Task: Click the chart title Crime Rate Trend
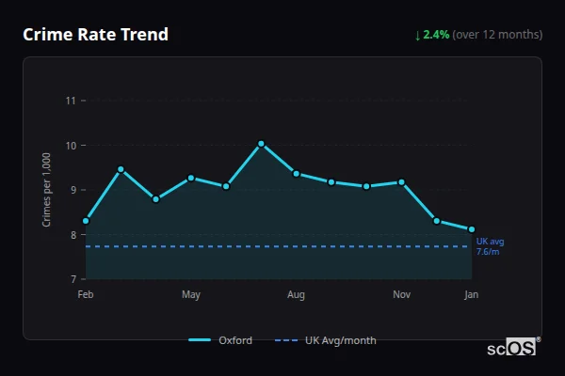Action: tap(95, 35)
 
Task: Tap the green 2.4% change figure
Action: tap(436, 35)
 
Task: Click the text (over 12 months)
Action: tap(497, 35)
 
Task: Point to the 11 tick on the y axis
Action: tap(70, 101)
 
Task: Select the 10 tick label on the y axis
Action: tap(70, 146)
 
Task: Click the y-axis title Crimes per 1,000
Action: tap(47, 190)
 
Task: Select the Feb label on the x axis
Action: tap(86, 295)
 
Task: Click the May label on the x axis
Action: tap(191, 295)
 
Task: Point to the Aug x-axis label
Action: tap(296, 295)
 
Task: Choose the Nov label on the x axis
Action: tap(401, 295)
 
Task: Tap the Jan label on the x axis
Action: tap(472, 295)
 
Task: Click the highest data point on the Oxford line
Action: tap(261, 144)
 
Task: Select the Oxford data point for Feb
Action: tap(86, 221)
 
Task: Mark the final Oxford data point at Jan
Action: tap(472, 229)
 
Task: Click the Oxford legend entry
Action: tap(221, 340)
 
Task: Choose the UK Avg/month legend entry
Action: tap(326, 340)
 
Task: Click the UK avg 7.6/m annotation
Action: tap(489, 247)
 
